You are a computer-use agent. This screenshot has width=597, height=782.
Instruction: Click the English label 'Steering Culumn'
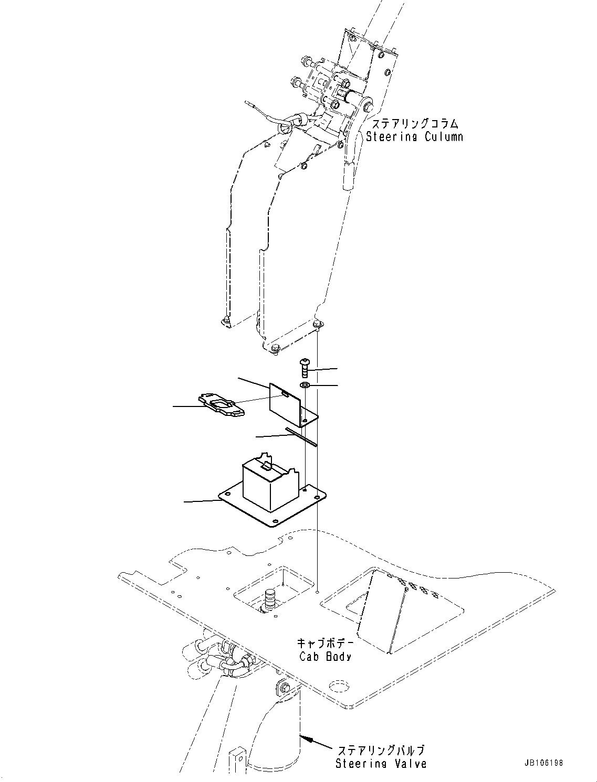point(414,137)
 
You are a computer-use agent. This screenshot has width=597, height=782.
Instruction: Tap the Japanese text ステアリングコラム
point(415,124)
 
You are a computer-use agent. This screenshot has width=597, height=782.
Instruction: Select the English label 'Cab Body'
point(325,656)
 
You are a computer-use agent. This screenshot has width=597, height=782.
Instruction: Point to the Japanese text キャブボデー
point(325,643)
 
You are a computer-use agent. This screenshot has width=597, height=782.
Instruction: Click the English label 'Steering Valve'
point(381,764)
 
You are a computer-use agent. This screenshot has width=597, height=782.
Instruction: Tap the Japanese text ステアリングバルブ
point(381,751)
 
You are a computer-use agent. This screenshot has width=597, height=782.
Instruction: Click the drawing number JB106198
point(542,763)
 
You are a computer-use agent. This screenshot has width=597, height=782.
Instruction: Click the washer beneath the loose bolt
point(305,386)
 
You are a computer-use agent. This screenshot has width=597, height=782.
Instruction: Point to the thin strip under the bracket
point(301,437)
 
